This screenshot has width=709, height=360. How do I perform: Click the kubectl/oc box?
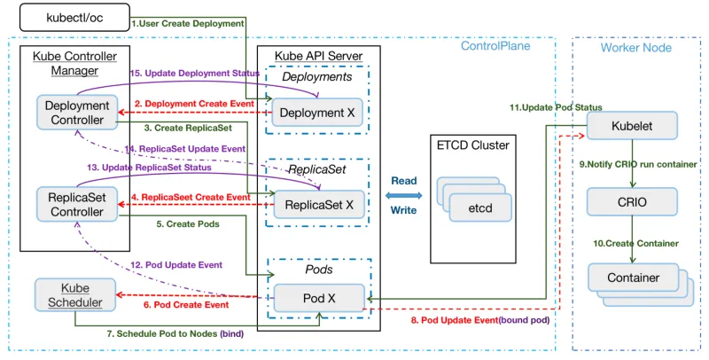[x=73, y=18]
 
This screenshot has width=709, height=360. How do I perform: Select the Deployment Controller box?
[x=76, y=113]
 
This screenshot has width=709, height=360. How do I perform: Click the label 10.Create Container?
[x=630, y=243]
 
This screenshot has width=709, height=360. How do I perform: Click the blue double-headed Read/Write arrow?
[x=403, y=195]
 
